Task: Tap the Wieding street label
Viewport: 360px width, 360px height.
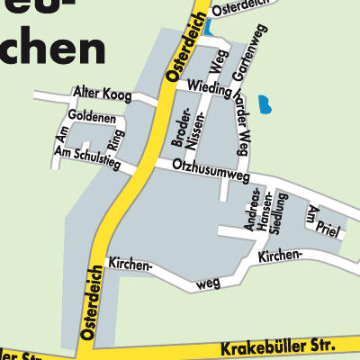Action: [209, 86]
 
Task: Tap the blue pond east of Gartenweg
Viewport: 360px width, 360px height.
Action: [264, 105]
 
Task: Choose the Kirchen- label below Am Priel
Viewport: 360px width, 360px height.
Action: [279, 256]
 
